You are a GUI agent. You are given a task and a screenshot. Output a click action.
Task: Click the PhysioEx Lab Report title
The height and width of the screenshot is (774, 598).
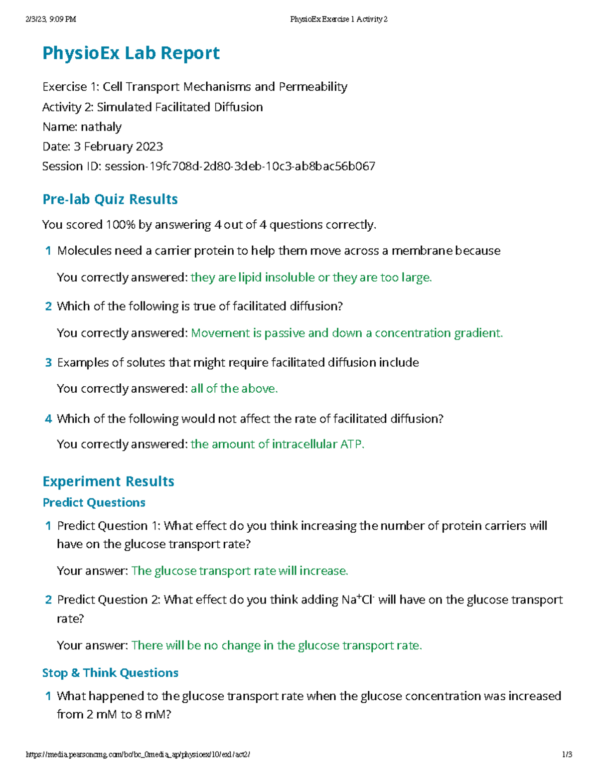[x=131, y=53]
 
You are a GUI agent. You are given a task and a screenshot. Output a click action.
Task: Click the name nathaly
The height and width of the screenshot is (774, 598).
[x=101, y=127]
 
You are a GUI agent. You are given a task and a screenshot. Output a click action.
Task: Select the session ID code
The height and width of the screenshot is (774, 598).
[x=240, y=166]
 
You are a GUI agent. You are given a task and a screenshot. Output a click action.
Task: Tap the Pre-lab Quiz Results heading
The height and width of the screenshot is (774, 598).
[x=110, y=199]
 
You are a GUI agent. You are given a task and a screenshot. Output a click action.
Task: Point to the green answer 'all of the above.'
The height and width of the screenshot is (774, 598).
[x=234, y=389]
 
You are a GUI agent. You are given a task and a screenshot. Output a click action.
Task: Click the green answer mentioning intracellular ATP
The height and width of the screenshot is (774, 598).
[x=278, y=444]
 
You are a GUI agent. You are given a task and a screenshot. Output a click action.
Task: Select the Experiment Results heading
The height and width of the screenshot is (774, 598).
[x=108, y=481]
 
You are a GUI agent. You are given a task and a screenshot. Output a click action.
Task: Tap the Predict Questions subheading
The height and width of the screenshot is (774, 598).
[x=94, y=502]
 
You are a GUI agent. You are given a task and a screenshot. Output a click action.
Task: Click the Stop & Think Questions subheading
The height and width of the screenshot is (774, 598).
[x=110, y=673]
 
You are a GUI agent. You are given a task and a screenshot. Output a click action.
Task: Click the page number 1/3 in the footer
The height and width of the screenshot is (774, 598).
[x=567, y=755]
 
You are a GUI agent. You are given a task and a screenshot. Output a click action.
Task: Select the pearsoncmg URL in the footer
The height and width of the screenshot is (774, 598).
[x=138, y=755]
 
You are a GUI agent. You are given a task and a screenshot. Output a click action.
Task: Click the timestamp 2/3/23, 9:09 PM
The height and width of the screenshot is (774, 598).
[x=50, y=19]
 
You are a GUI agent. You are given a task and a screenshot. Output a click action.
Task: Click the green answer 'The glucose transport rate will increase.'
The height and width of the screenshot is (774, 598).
[x=240, y=571]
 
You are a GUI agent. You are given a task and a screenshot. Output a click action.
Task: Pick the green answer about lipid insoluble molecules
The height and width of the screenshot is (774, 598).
[x=311, y=278]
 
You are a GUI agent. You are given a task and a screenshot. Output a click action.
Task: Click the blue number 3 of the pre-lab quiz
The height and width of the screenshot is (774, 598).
[x=48, y=363]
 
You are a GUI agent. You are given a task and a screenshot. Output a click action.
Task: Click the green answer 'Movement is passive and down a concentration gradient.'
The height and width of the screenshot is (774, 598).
[x=347, y=333]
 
